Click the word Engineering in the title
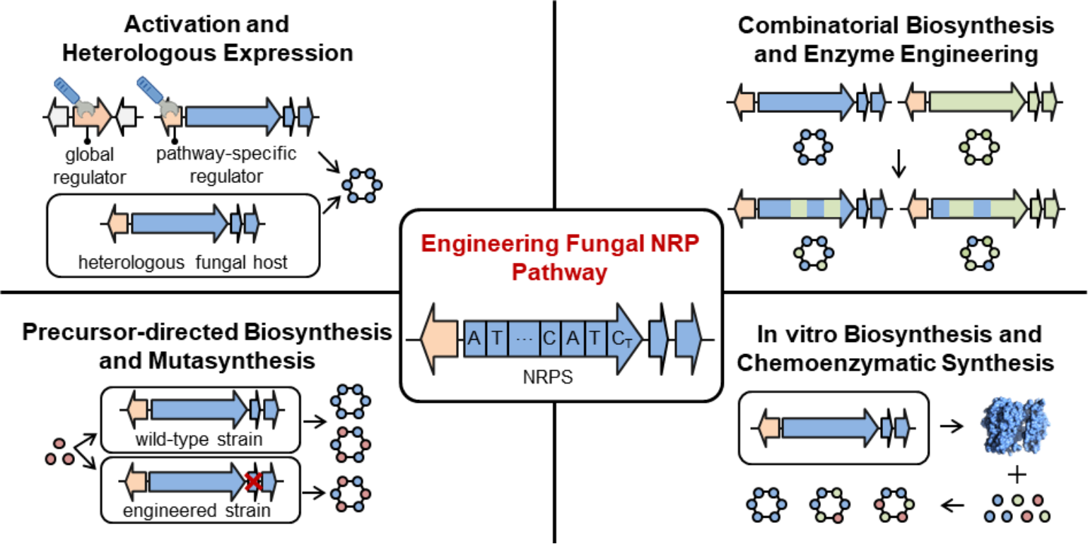click(x=488, y=244)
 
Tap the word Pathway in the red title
click(x=559, y=273)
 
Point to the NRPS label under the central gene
click(x=547, y=377)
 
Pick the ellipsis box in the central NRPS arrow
click(x=523, y=339)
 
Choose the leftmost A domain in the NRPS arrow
click(x=474, y=339)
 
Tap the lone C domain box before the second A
click(x=549, y=339)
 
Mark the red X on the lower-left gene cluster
click(x=252, y=482)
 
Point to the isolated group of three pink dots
click(x=59, y=452)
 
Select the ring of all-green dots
click(x=979, y=147)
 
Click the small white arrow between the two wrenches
click(x=126, y=117)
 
